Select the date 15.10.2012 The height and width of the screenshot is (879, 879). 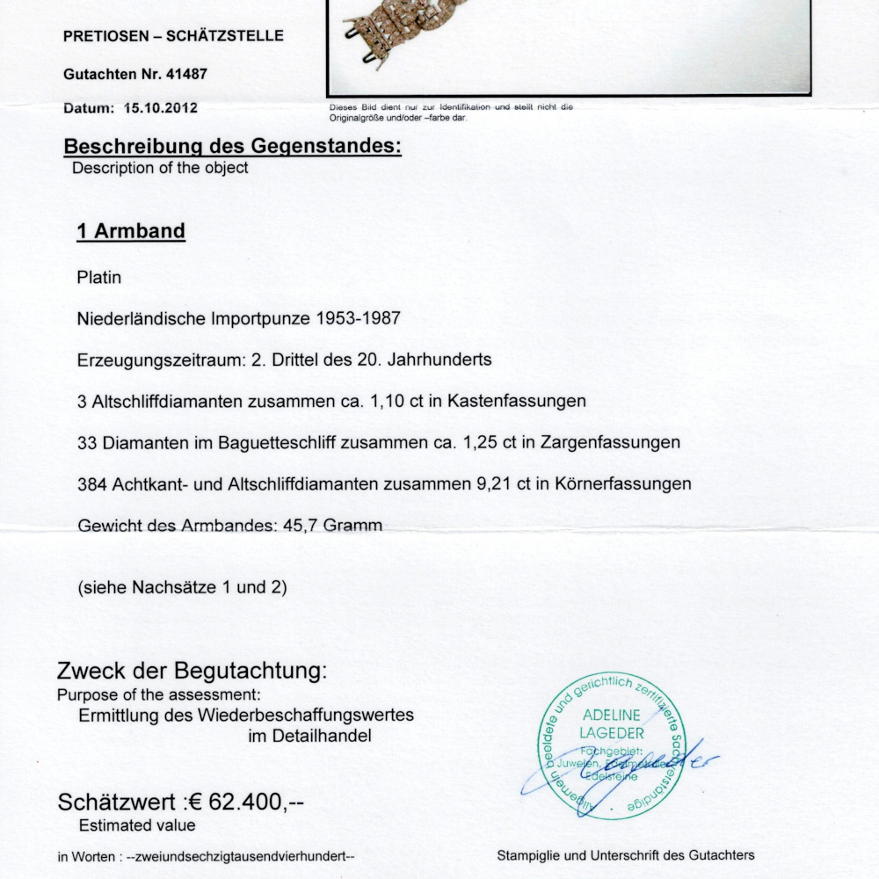pyautogui.click(x=160, y=108)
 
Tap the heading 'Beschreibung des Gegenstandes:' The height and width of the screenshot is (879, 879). pyautogui.click(x=233, y=146)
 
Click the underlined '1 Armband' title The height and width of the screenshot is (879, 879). pyautogui.click(x=131, y=231)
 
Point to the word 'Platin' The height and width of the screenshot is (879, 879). pyautogui.click(x=99, y=278)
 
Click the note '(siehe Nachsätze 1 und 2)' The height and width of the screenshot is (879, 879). pyautogui.click(x=183, y=587)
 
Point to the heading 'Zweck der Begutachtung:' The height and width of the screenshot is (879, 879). pyautogui.click(x=192, y=672)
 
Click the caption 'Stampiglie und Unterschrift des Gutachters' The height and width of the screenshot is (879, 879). pyautogui.click(x=625, y=854)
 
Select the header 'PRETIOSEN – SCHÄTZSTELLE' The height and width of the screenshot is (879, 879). pyautogui.click(x=173, y=36)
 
